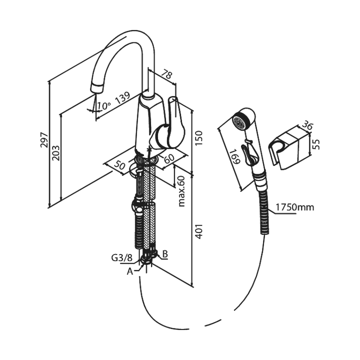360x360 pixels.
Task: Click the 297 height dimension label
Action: click(44, 139)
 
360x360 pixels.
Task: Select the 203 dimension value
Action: click(56, 153)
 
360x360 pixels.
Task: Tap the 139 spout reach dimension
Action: click(122, 98)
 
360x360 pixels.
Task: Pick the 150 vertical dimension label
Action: click(198, 138)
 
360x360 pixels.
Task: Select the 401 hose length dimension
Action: click(198, 231)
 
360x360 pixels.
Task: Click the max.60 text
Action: click(181, 191)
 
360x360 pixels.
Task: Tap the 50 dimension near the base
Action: click(120, 164)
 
